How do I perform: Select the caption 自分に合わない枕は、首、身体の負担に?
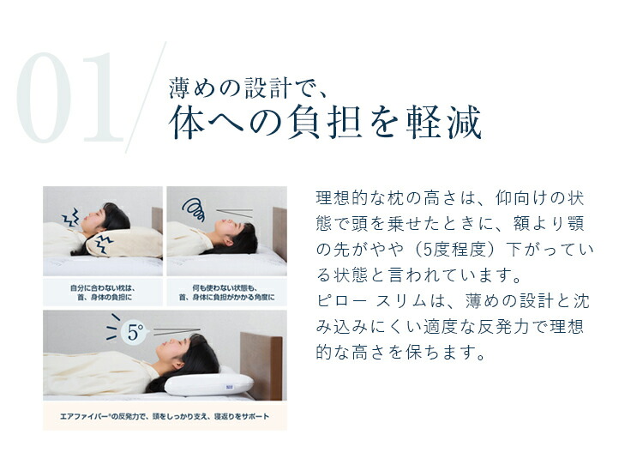pos(103,291)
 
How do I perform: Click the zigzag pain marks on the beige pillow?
pos(105,245)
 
